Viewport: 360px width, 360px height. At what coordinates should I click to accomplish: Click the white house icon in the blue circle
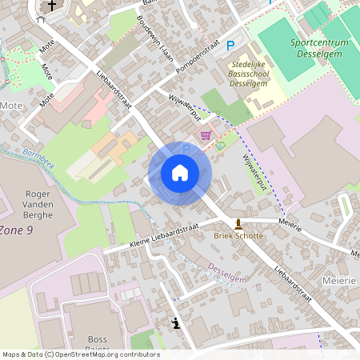click(x=179, y=173)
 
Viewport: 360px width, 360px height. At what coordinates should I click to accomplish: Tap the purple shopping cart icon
click(x=206, y=135)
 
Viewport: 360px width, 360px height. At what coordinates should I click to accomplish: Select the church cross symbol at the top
click(x=52, y=6)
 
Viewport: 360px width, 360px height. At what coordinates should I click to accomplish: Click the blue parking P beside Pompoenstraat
click(x=230, y=47)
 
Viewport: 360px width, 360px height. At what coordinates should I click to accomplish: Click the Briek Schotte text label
click(x=238, y=236)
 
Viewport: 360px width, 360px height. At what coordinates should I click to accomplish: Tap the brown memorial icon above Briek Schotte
click(x=238, y=223)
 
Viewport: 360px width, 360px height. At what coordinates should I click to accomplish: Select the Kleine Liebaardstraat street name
click(x=162, y=236)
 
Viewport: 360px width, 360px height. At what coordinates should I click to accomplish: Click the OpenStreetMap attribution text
click(x=80, y=354)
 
